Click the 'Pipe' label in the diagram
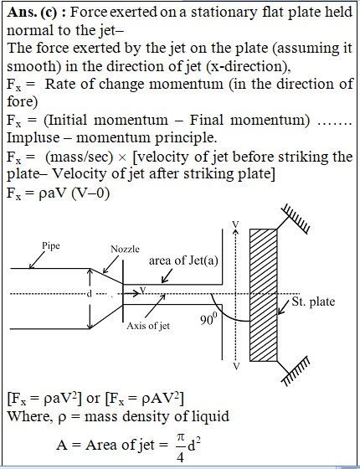(50, 246)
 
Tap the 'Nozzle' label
(125, 249)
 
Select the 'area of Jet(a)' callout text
(183, 260)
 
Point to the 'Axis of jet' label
(148, 326)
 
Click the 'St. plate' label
(313, 301)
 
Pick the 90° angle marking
(207, 320)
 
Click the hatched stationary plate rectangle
(264, 295)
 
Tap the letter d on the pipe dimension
(89, 294)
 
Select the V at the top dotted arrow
(236, 225)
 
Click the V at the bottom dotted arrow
(236, 366)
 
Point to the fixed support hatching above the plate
(295, 219)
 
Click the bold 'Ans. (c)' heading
(35, 13)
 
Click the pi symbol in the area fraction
(180, 437)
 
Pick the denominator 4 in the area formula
(180, 457)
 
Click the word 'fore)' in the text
(23, 102)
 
